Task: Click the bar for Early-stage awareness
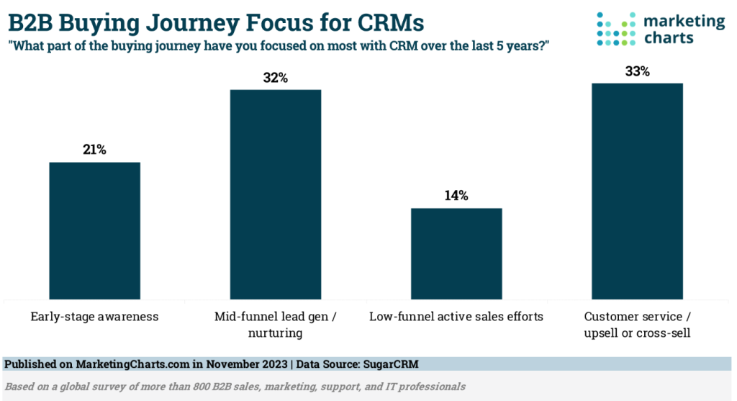click(94, 230)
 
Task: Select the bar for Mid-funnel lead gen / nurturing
click(275, 194)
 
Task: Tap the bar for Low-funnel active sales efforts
click(456, 253)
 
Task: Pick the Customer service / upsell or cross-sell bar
click(637, 191)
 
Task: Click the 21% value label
click(94, 150)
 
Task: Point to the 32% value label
click(275, 78)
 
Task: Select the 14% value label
click(456, 196)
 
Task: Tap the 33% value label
click(637, 71)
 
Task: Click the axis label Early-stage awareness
click(94, 316)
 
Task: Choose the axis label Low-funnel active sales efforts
click(456, 316)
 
